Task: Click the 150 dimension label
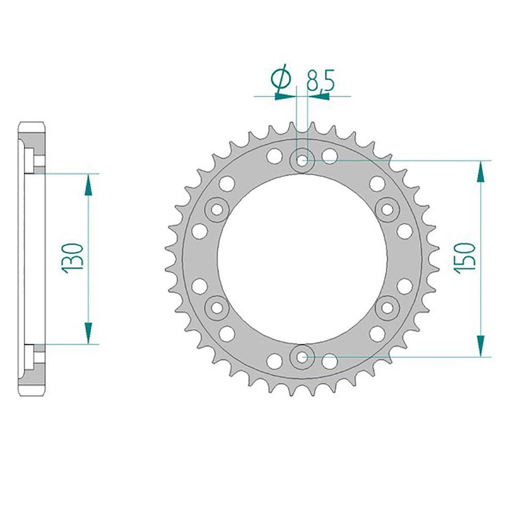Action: click(x=465, y=258)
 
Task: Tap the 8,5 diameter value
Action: click(x=320, y=81)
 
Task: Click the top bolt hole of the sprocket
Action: click(x=302, y=161)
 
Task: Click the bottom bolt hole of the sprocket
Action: click(x=302, y=357)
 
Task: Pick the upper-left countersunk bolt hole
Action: click(x=217, y=209)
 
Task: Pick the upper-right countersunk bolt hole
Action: click(x=387, y=209)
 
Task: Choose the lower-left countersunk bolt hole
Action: click(x=217, y=308)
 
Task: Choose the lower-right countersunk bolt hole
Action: click(x=387, y=308)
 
